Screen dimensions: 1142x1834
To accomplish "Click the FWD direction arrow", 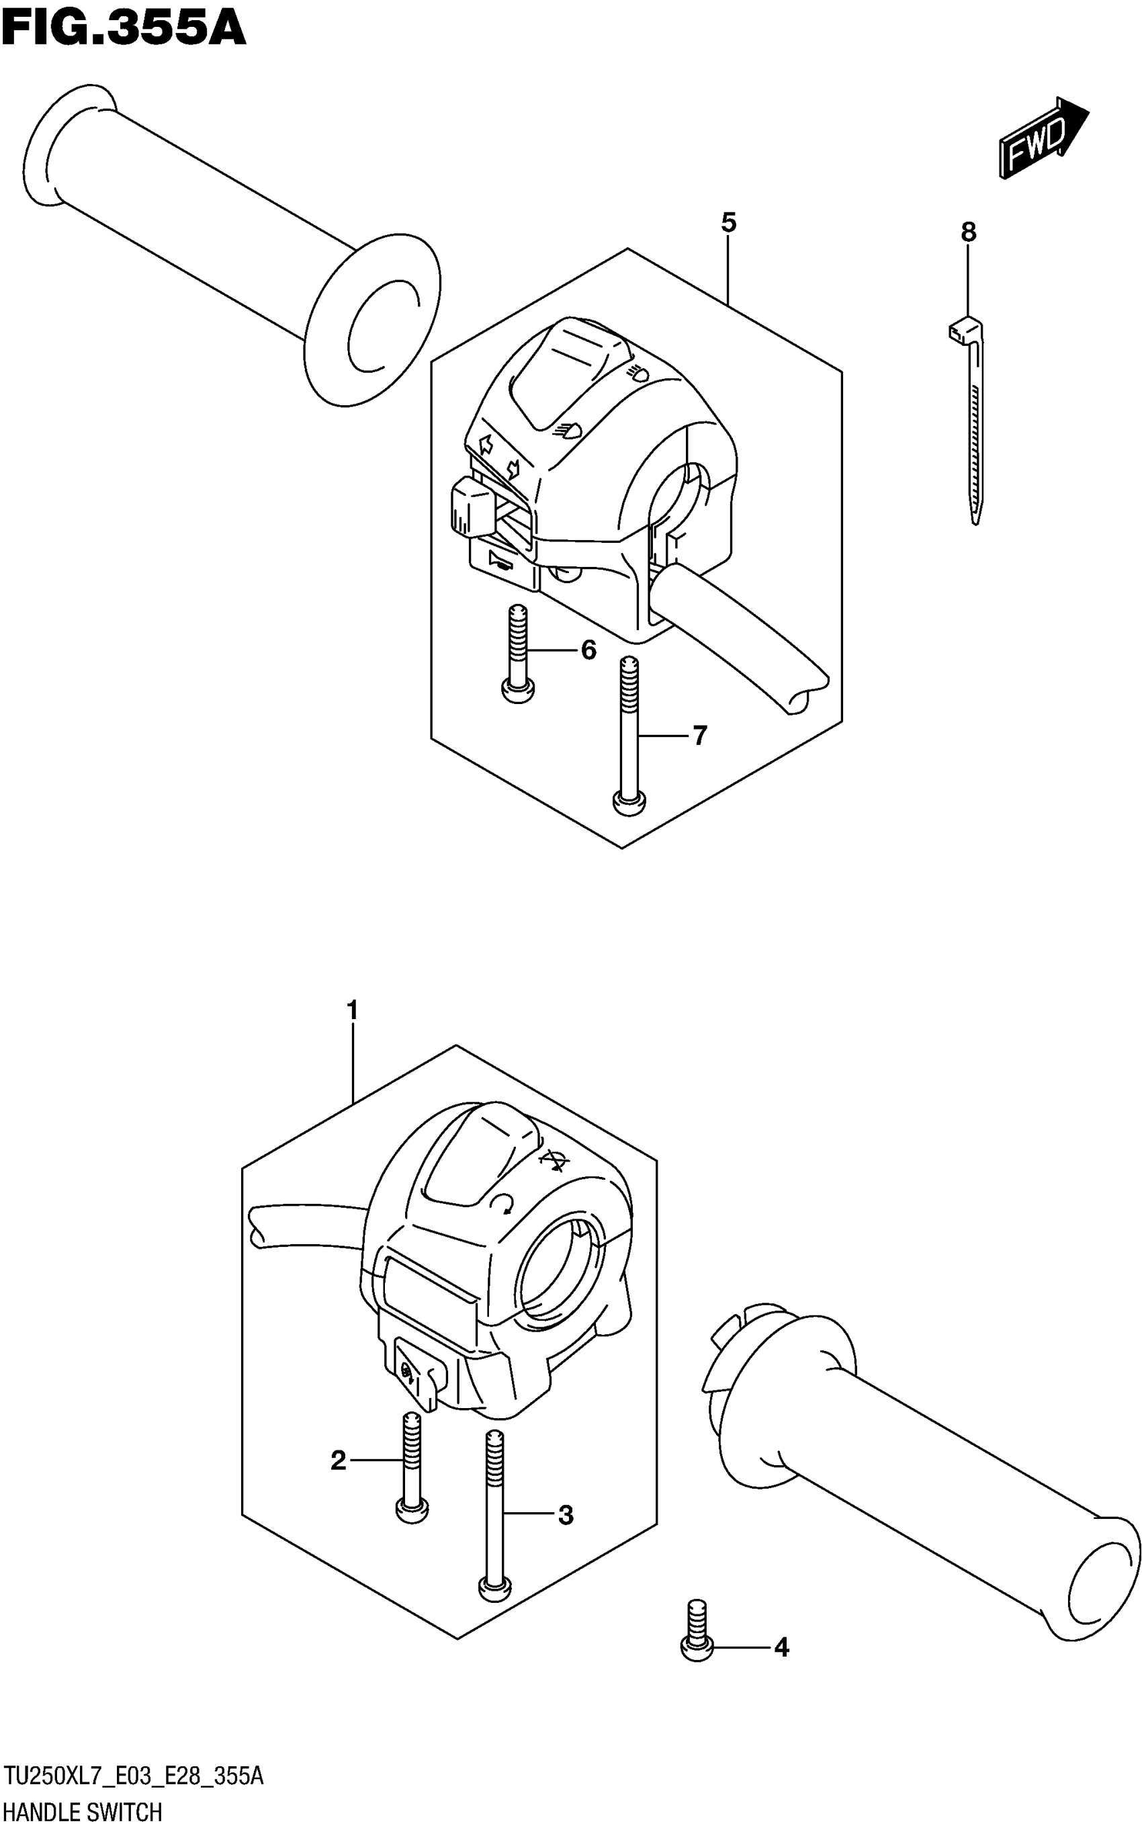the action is (1043, 138).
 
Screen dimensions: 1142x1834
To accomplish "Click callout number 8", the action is (968, 232).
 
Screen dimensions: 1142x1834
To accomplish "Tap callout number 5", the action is (728, 223).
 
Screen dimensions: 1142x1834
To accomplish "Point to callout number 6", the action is (588, 650).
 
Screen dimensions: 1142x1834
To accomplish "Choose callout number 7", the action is (699, 734).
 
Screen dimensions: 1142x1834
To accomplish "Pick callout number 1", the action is (352, 1009).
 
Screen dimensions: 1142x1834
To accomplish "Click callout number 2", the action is (338, 1460).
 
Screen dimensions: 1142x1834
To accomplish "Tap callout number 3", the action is (566, 1514).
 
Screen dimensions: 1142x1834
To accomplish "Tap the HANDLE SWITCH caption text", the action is (83, 1813).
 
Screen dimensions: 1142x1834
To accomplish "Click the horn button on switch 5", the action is (502, 564).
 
